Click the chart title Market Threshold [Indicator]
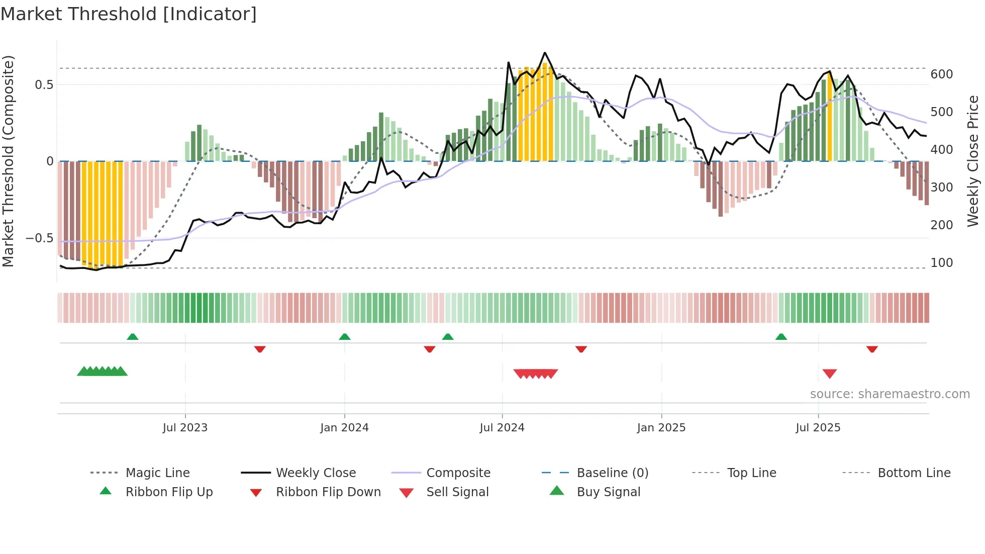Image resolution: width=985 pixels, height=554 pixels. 129,14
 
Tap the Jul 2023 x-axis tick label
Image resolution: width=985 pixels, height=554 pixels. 185,428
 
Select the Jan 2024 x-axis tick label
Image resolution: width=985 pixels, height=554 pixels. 344,428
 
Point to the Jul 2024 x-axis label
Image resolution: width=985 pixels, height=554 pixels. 502,428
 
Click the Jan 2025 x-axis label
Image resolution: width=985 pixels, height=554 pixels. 661,428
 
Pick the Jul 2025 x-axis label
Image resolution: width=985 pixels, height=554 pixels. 818,428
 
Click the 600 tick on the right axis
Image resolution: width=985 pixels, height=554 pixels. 941,74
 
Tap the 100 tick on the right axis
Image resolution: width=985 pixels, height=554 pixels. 941,263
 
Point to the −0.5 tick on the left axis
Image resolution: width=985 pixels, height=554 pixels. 39,238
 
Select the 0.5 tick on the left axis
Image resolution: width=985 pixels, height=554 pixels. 44,85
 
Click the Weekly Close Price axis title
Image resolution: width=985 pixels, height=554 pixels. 973,161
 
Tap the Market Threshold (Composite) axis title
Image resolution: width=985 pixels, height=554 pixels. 8,161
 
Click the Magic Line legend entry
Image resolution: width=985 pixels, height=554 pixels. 157,473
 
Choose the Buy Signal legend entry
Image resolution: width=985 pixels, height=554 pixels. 608,492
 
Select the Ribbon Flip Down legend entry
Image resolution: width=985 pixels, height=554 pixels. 328,492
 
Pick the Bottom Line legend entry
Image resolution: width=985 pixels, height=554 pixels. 914,473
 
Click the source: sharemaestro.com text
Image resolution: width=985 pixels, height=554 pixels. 890,394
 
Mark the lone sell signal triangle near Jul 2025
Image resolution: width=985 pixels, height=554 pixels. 829,374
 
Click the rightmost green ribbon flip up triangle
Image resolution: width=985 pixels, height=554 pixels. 781,337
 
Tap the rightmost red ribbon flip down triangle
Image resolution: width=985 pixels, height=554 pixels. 872,349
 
